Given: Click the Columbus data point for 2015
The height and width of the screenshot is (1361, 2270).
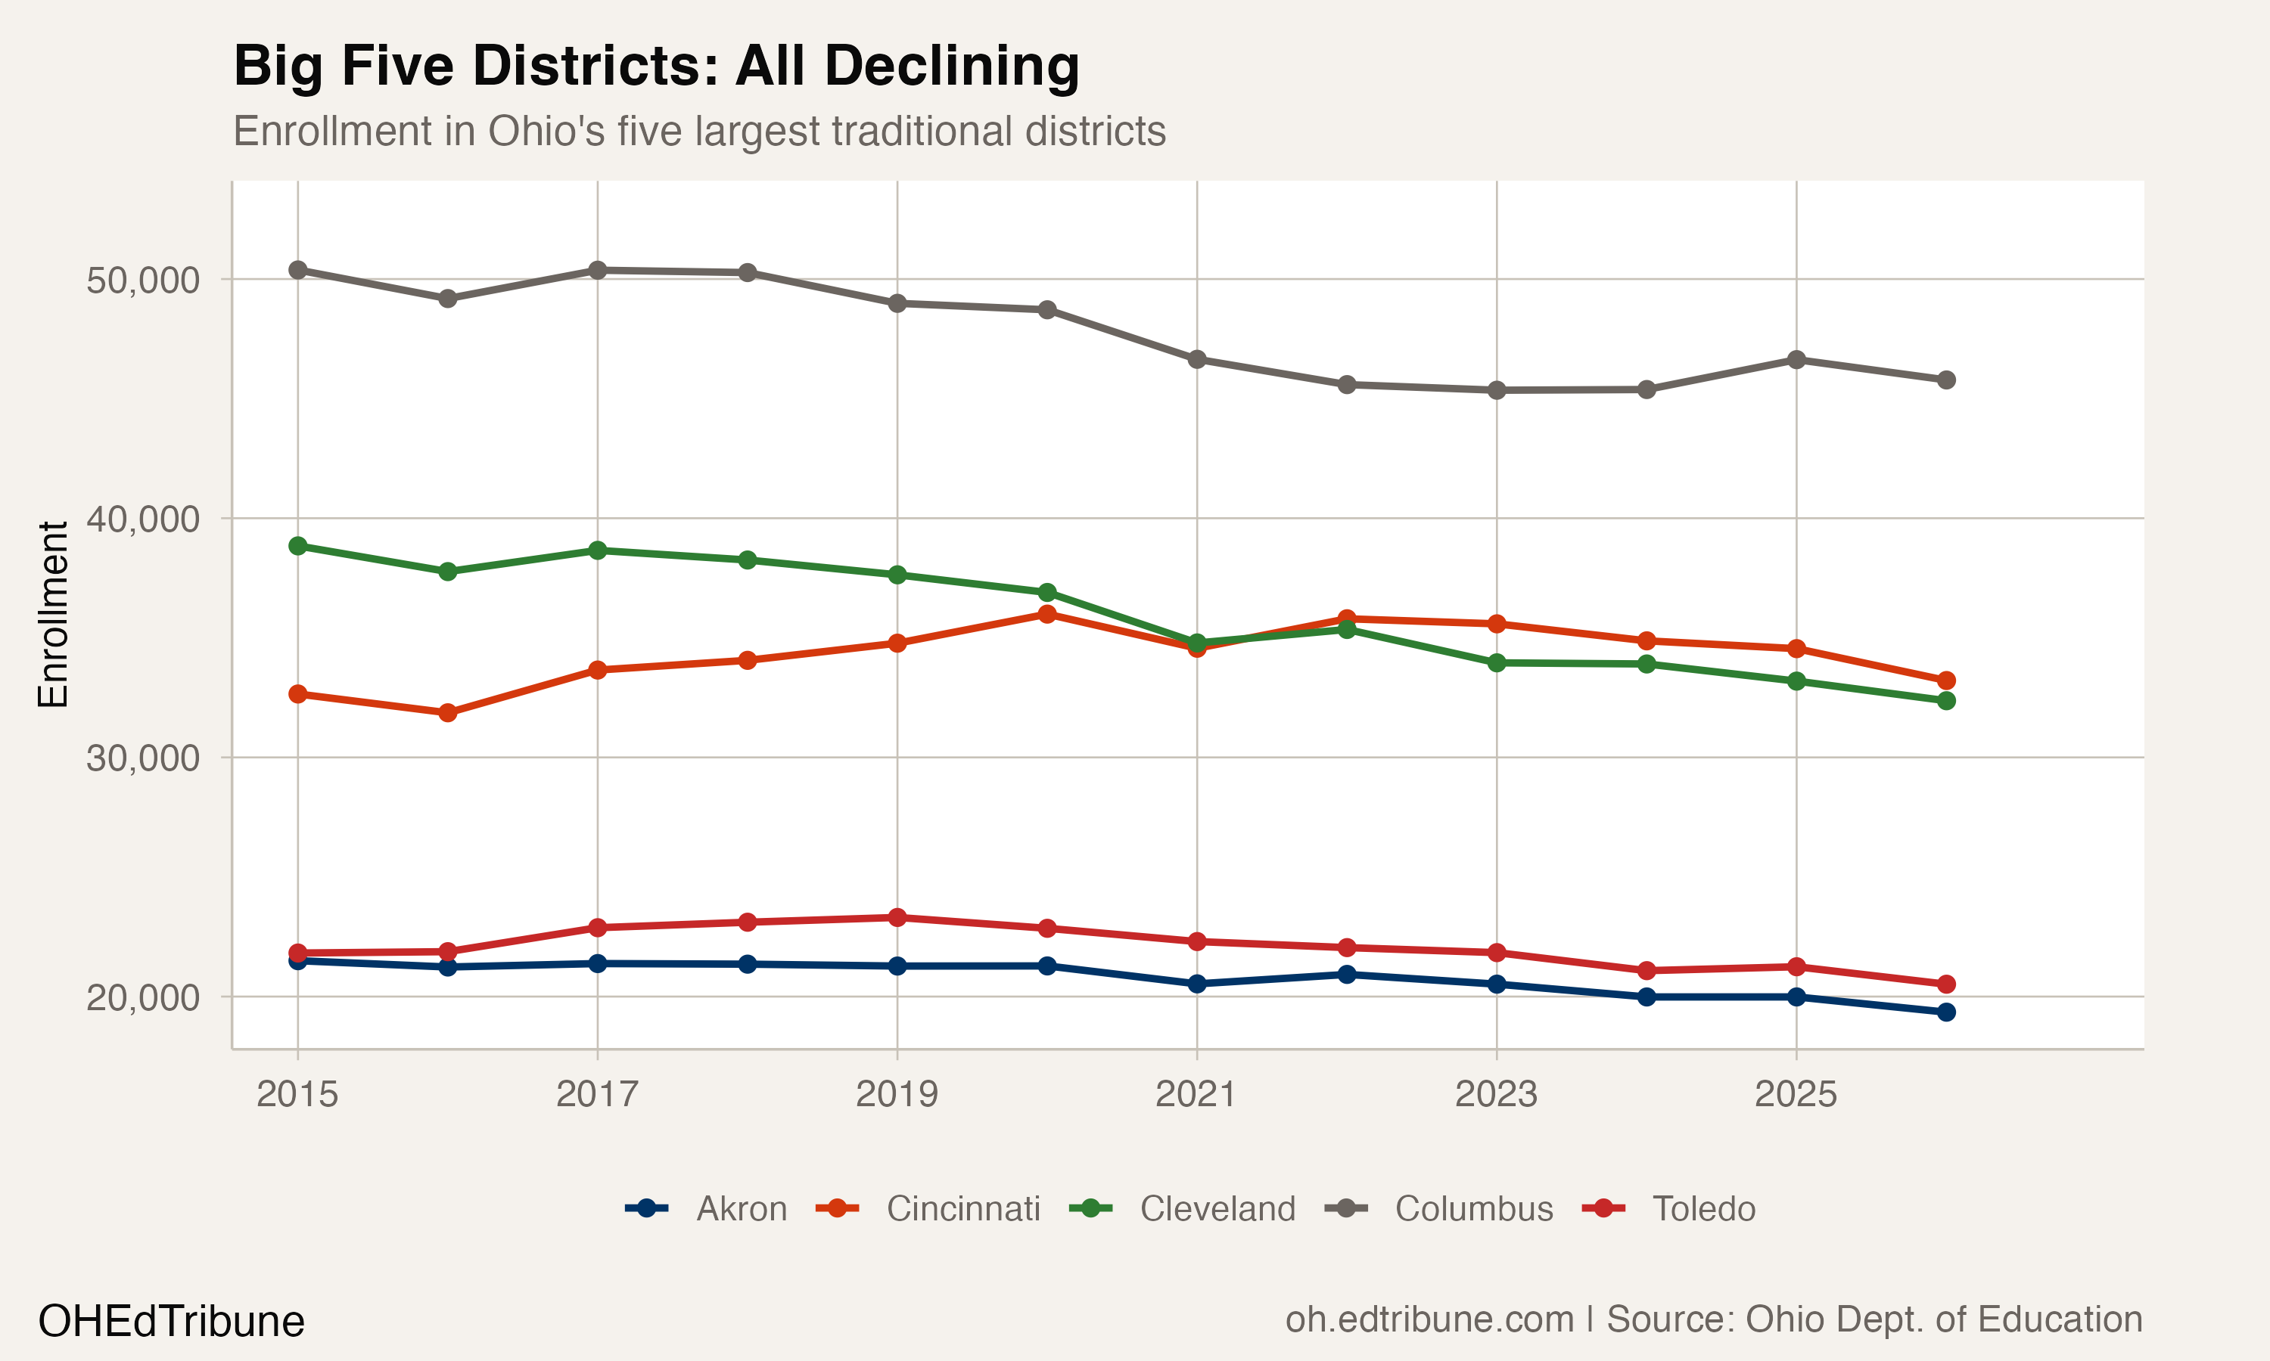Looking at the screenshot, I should tap(297, 270).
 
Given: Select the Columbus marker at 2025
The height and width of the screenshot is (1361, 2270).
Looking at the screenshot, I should tap(1796, 359).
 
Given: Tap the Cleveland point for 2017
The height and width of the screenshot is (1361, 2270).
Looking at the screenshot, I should tap(597, 550).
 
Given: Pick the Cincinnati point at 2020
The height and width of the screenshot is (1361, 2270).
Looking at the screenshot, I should tap(1047, 615).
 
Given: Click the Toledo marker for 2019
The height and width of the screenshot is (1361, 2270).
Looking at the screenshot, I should tap(897, 917).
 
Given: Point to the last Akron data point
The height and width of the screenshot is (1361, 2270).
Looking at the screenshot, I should tap(1946, 1012).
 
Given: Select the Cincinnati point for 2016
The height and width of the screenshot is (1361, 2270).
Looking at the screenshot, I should tap(448, 712).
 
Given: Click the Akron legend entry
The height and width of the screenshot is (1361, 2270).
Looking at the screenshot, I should tap(741, 1209).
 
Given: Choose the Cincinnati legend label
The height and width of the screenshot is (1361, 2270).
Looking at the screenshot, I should tap(962, 1209).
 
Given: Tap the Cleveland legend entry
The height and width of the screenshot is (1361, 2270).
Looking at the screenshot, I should tap(1217, 1209).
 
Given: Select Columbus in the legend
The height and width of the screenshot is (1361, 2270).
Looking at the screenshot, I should tap(1473, 1209).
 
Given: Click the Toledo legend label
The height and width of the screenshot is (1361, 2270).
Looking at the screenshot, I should tap(1703, 1209).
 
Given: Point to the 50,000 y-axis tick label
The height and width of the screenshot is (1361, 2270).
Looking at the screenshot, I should tap(142, 280).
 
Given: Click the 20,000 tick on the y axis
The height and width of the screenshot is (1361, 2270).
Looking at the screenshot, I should tap(142, 997).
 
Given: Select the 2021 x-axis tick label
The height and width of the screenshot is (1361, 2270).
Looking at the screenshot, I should tap(1196, 1094).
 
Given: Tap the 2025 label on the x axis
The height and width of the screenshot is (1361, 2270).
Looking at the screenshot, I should tap(1795, 1094).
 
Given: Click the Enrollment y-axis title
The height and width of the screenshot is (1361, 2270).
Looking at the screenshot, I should tap(53, 615).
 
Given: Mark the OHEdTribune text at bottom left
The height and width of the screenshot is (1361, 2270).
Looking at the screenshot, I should tap(171, 1321).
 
